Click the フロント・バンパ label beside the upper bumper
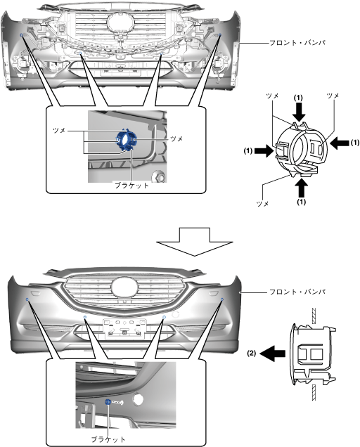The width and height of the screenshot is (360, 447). [x=297, y=43]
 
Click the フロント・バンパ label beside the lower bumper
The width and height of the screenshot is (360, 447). [x=297, y=292]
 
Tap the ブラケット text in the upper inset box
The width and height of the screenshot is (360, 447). [x=131, y=186]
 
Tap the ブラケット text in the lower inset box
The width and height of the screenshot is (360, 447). [x=108, y=439]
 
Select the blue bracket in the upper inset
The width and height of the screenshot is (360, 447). [x=126, y=139]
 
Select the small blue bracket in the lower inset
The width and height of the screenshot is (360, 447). [x=108, y=402]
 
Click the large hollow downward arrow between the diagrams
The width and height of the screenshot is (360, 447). [x=195, y=242]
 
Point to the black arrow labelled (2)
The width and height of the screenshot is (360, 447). [x=273, y=354]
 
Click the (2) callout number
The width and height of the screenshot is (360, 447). [x=251, y=354]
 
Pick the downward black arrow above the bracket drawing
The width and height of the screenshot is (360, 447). [x=299, y=112]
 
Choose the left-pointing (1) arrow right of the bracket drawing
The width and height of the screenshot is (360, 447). [x=339, y=143]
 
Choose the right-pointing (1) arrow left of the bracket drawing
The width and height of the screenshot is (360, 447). [x=264, y=150]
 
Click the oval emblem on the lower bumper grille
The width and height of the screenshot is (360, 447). [x=124, y=287]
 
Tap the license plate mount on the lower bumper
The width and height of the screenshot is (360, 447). [x=124, y=329]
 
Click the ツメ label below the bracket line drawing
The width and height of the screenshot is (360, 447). [x=262, y=204]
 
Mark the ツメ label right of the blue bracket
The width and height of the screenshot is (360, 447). [x=176, y=138]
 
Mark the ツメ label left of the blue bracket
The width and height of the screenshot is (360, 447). [x=59, y=130]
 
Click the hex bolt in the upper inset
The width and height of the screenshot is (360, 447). [x=159, y=177]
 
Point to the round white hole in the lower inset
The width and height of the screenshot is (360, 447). [x=139, y=399]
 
